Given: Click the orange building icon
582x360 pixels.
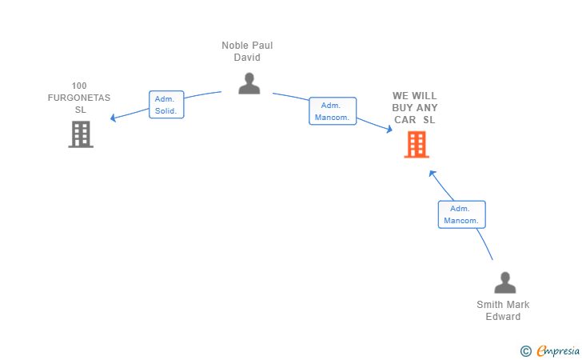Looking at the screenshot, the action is point(417,145).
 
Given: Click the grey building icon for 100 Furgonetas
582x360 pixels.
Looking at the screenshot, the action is point(81,134).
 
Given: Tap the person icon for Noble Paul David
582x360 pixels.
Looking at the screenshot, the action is point(249,83).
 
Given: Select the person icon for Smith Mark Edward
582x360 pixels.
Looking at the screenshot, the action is point(504,282).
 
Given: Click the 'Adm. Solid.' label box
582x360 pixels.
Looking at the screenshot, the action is point(166,104).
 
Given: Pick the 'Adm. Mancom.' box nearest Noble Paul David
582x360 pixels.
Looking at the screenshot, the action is point(333,111).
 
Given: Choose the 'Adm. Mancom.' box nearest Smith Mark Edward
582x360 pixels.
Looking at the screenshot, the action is point(462,214).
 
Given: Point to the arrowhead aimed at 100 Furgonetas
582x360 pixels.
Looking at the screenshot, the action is point(114,118).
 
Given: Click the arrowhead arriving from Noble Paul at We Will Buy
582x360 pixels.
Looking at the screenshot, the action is point(389,129).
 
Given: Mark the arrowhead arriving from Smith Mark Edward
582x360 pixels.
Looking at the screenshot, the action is point(433,173).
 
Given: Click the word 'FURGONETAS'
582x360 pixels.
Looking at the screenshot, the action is point(79,98).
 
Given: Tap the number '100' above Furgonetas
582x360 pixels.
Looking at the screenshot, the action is point(79,86).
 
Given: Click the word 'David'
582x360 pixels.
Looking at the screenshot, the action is point(247,58).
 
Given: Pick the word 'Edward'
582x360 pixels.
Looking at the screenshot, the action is point(503,317).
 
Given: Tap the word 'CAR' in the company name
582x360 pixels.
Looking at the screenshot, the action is point(405,120).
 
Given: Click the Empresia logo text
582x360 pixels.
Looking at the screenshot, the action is point(558,350).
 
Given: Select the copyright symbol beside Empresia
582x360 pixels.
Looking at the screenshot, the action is point(526,351).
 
